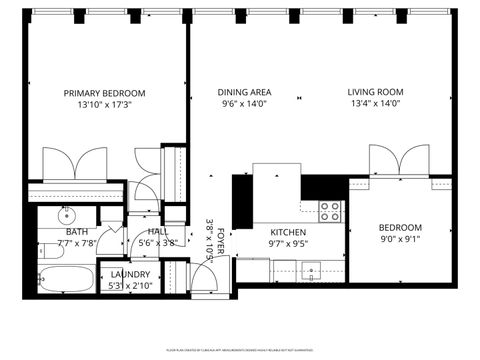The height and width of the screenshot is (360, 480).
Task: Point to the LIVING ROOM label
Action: [x=374, y=92]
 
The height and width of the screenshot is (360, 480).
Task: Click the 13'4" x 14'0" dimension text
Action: [x=374, y=103]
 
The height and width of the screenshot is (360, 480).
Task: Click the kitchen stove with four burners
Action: [x=329, y=211]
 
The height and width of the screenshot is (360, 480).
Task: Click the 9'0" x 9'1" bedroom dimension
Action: [x=400, y=238]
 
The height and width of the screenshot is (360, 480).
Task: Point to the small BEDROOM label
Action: [x=400, y=227]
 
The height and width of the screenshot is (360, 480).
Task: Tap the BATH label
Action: [x=77, y=231]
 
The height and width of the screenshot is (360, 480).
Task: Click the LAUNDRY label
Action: [x=130, y=274]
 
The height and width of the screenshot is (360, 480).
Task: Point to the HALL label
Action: [x=157, y=231]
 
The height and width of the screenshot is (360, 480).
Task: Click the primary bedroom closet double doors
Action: [x=74, y=163]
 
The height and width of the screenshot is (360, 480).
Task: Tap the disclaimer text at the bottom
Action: [x=240, y=351]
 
